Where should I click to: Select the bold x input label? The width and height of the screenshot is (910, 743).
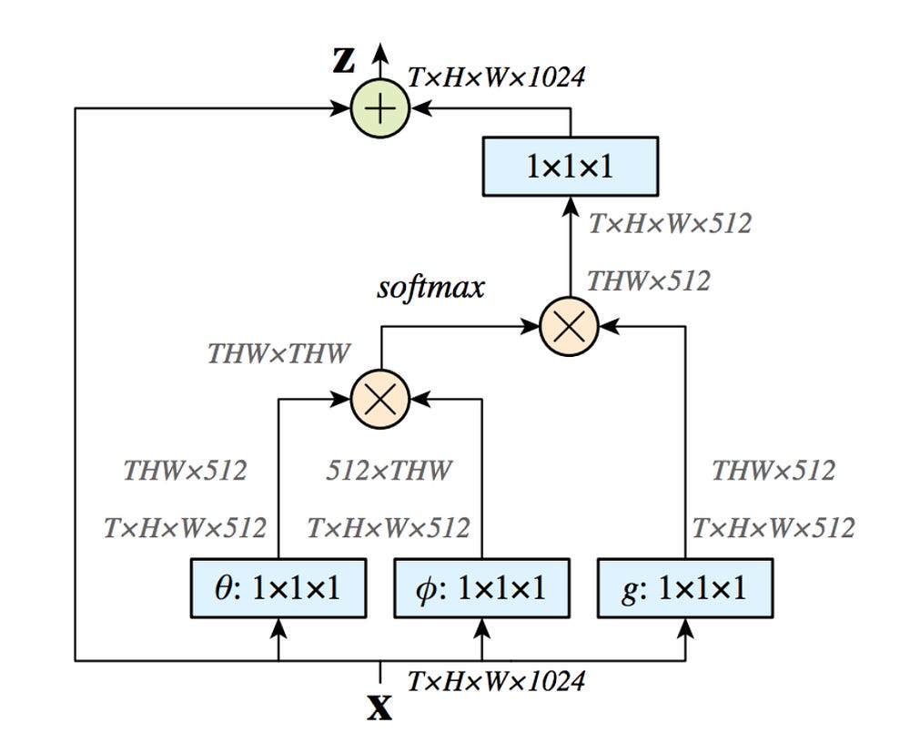(379, 707)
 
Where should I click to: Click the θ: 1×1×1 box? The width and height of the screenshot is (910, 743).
(278, 588)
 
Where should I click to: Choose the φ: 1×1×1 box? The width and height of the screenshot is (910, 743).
(482, 588)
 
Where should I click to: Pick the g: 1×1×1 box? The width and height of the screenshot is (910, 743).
(684, 588)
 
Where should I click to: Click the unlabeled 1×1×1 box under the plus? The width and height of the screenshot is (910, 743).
(570, 166)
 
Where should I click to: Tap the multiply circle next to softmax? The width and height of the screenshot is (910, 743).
(569, 325)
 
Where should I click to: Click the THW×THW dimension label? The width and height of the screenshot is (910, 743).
(278, 353)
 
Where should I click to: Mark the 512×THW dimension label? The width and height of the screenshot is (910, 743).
(389, 471)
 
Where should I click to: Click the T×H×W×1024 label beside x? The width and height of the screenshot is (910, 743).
(496, 681)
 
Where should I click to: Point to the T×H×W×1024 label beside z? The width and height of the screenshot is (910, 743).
(496, 76)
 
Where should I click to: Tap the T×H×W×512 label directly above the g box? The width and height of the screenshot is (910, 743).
(773, 527)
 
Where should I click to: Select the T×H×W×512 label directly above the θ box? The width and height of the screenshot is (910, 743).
(185, 527)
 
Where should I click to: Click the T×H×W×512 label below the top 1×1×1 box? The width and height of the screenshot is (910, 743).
(670, 223)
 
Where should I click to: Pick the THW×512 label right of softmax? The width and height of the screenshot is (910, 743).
(648, 280)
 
